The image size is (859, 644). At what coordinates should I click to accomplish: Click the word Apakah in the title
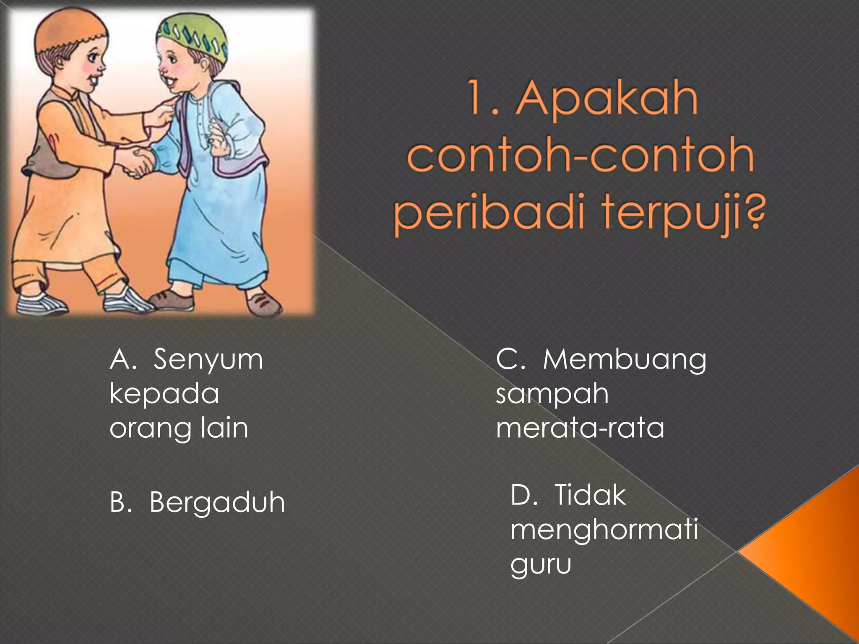coord(607,99)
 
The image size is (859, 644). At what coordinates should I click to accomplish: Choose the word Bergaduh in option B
coord(217,502)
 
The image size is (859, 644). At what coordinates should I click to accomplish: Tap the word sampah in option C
coord(552,394)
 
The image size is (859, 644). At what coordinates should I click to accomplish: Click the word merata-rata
coord(580,428)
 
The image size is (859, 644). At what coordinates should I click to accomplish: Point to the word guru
coord(541,564)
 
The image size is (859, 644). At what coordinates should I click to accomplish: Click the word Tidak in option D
coord(590,496)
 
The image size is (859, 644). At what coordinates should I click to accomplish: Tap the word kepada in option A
coord(164,394)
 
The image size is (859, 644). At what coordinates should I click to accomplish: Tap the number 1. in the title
coord(482,99)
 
